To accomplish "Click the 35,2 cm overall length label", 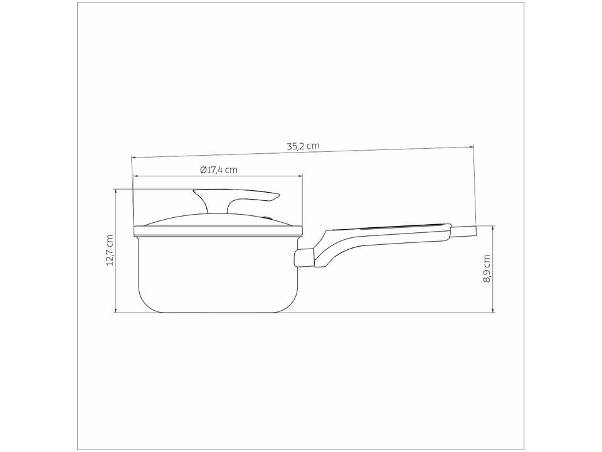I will point(304,146).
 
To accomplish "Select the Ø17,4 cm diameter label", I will point(219,169).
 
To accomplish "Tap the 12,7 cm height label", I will point(110,250).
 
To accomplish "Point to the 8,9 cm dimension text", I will point(487,268).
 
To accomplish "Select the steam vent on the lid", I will point(268,218).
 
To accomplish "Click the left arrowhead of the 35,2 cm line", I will point(134,156).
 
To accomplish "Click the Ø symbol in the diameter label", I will point(203,169).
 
